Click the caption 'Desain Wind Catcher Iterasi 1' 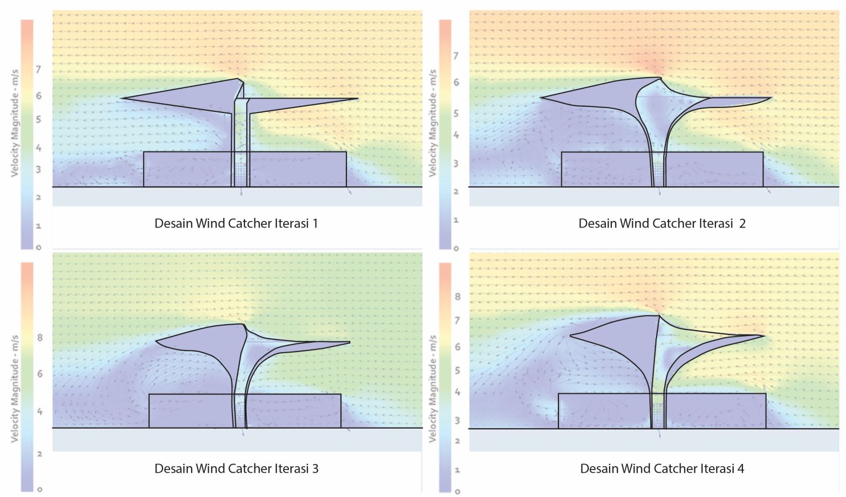tap(236, 223)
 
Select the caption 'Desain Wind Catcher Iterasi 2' tap(661, 223)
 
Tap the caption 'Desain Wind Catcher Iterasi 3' tap(236, 468)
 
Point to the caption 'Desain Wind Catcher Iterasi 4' tap(662, 468)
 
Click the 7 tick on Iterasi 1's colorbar tap(39, 69)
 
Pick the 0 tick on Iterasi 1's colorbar tap(39, 247)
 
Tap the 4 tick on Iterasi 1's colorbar tap(39, 148)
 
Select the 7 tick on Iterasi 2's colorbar tap(455, 56)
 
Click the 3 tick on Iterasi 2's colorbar tap(455, 164)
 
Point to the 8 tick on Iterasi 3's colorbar tap(40, 338)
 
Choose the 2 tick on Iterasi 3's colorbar tap(40, 454)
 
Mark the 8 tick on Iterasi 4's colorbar tap(457, 296)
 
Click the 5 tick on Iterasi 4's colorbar tap(457, 370)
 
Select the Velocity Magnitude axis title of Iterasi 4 tap(433, 388)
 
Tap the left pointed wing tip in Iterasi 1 tap(121, 99)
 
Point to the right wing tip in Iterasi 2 tap(770, 98)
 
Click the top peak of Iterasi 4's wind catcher tap(659, 316)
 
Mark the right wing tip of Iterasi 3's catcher tap(349, 343)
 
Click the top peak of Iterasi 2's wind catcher tap(659, 78)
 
